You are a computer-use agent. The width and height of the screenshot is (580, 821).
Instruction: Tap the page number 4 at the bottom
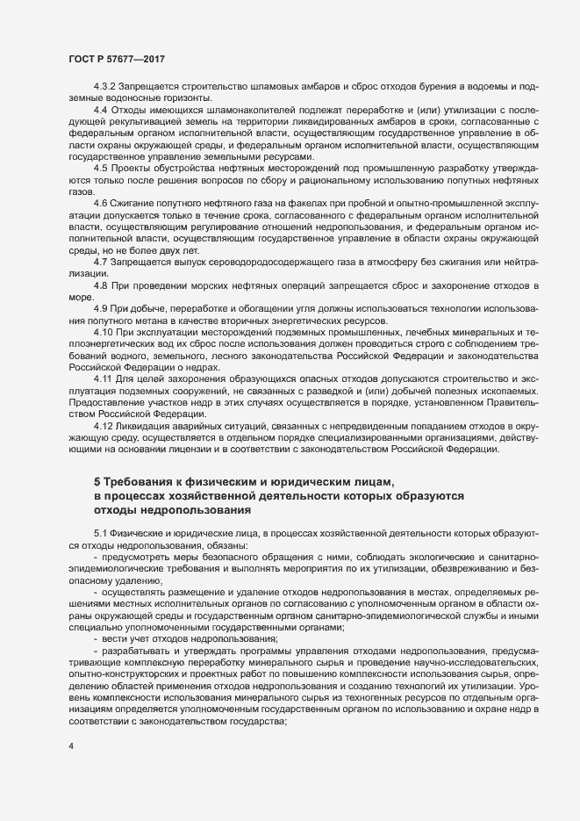click(x=71, y=746)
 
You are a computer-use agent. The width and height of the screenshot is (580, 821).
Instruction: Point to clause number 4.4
click(x=100, y=110)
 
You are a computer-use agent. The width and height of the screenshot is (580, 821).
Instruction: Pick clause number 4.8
click(x=100, y=287)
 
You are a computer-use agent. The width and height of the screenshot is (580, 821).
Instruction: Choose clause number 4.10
click(x=104, y=333)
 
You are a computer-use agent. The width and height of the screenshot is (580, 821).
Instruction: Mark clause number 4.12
click(x=104, y=426)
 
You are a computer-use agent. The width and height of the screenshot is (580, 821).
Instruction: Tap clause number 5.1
click(x=100, y=533)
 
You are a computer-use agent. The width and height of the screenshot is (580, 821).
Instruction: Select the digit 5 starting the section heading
click(x=97, y=482)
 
